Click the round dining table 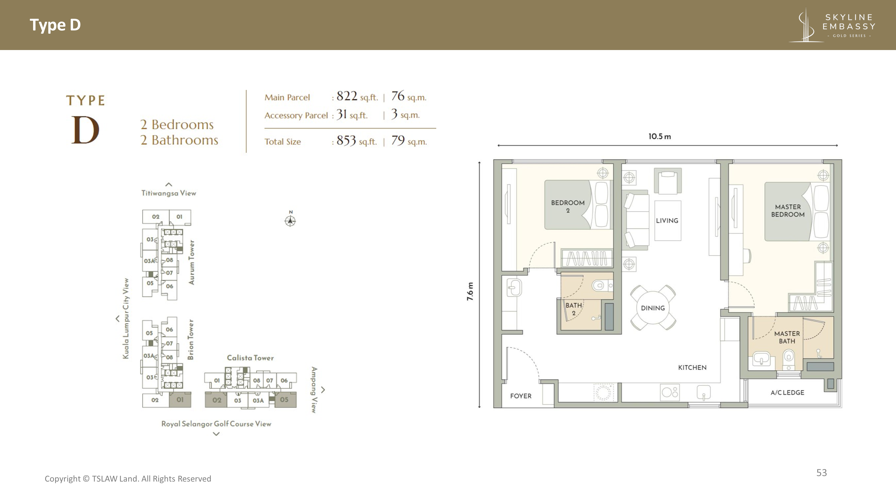point(653,308)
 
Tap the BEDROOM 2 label point(568,206)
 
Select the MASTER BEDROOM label point(788,211)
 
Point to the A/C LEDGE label point(787,393)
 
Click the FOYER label point(521,396)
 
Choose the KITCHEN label point(692,367)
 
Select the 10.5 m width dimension point(660,136)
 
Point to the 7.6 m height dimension point(470,291)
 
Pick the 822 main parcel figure point(347,96)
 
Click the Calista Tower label point(250,358)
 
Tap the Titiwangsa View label point(169,193)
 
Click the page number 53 point(822,473)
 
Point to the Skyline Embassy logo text point(849,22)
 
